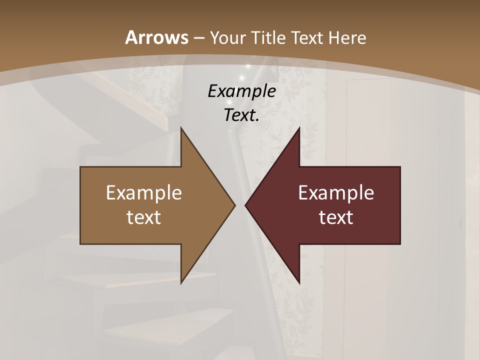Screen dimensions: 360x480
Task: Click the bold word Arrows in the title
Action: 156,37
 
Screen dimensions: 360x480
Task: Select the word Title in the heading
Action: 269,37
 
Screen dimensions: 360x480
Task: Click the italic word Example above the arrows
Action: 241,91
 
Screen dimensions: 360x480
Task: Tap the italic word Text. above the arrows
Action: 241,115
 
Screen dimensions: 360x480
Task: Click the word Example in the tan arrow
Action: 144,192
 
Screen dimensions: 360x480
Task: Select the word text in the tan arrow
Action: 144,217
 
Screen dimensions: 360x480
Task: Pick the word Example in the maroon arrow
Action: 336,192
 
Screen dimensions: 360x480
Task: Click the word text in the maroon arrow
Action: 336,217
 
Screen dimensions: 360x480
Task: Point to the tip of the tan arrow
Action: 235,205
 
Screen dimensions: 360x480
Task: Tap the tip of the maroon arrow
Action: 245,205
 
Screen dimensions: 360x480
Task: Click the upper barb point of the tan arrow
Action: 181,127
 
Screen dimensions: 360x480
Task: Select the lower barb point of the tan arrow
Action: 181,283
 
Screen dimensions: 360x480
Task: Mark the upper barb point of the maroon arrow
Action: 299,127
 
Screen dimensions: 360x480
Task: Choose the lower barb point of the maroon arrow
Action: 299,283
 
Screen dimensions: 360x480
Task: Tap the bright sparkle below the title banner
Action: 242,77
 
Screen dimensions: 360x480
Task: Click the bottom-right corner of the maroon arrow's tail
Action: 400,243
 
